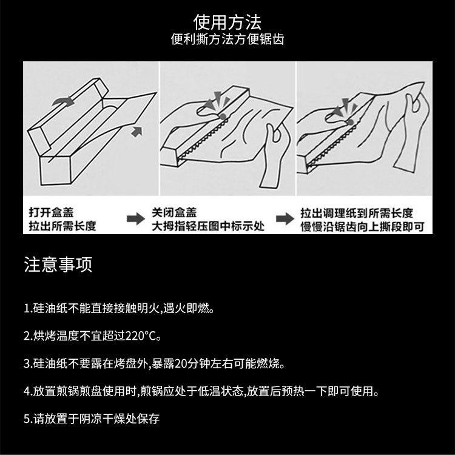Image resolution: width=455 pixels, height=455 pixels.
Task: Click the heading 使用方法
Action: [x=227, y=22]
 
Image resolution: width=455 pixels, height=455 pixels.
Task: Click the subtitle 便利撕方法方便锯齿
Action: [x=227, y=39]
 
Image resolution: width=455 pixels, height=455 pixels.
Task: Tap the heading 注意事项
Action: [x=58, y=265]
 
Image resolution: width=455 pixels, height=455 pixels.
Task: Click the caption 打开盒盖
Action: [x=51, y=212]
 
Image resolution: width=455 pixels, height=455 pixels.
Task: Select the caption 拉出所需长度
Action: [x=62, y=226]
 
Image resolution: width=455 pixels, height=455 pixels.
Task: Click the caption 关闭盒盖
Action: [x=174, y=212]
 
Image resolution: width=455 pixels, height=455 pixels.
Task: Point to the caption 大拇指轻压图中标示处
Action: [x=208, y=226]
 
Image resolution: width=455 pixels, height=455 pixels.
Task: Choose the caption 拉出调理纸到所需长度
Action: [x=357, y=213]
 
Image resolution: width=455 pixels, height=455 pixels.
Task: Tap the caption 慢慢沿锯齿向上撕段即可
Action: [x=362, y=227]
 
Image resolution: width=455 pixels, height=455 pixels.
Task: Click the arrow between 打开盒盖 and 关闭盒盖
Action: [x=135, y=218]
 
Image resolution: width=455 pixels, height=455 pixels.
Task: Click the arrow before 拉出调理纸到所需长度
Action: [x=285, y=218]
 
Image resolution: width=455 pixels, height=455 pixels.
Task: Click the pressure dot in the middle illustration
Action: [x=223, y=116]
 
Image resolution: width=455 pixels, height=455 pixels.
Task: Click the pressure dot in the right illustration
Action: [x=350, y=121]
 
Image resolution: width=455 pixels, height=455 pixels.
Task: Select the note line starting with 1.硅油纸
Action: [x=120, y=308]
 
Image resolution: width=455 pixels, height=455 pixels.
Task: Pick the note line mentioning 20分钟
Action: [x=154, y=363]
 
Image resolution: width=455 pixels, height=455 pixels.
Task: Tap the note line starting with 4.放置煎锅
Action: [x=201, y=391]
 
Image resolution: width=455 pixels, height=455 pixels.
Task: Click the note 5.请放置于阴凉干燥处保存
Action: [x=92, y=419]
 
